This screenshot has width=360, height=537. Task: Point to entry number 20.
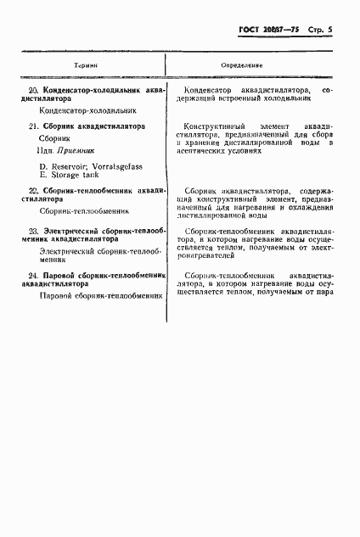33,88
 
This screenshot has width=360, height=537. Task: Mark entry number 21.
33,126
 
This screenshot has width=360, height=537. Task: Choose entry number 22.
33,193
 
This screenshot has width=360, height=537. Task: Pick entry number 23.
33,231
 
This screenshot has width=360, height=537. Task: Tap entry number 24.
33,276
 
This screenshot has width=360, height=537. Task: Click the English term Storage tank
76,174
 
